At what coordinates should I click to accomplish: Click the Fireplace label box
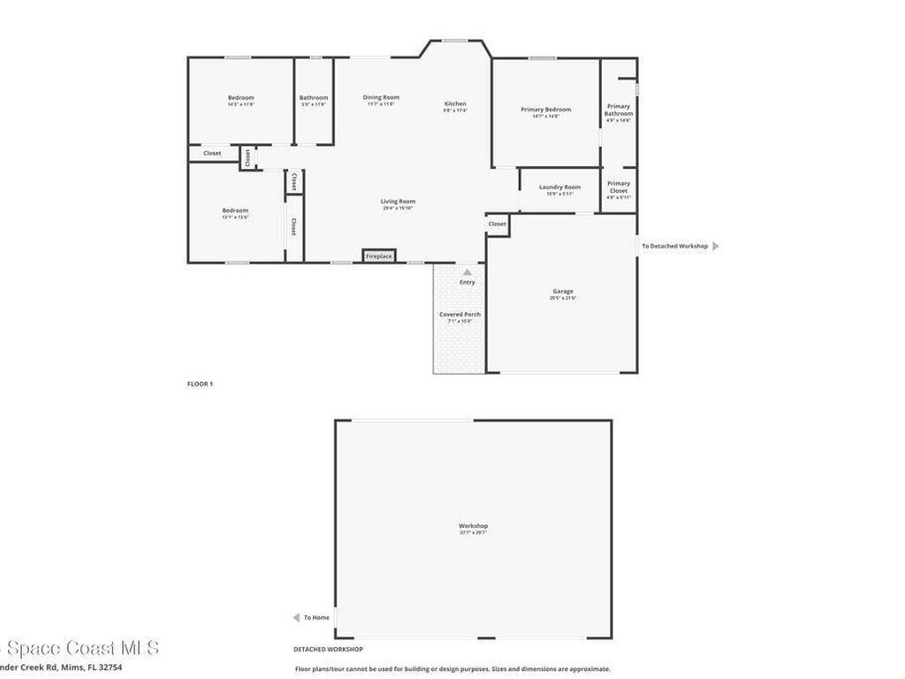(378, 256)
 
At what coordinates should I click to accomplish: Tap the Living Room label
(399, 202)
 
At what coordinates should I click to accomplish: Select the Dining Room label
(381, 97)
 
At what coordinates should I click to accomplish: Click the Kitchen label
(455, 103)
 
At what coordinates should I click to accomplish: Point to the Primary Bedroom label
(545, 110)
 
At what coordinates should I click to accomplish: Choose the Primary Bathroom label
(619, 110)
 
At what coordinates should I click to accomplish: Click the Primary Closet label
(619, 187)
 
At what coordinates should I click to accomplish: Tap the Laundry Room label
(559, 187)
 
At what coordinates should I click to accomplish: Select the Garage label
(563, 291)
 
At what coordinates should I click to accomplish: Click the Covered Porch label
(460, 315)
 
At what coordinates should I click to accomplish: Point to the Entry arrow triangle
(468, 271)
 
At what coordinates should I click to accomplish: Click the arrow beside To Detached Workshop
(716, 246)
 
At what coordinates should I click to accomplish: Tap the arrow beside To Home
(296, 617)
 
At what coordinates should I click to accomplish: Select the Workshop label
(473, 526)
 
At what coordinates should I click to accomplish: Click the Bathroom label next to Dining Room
(313, 98)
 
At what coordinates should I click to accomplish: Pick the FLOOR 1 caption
(200, 384)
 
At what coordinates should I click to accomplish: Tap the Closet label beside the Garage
(498, 224)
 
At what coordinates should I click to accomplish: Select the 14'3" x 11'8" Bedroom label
(240, 98)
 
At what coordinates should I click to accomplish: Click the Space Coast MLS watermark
(80, 648)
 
